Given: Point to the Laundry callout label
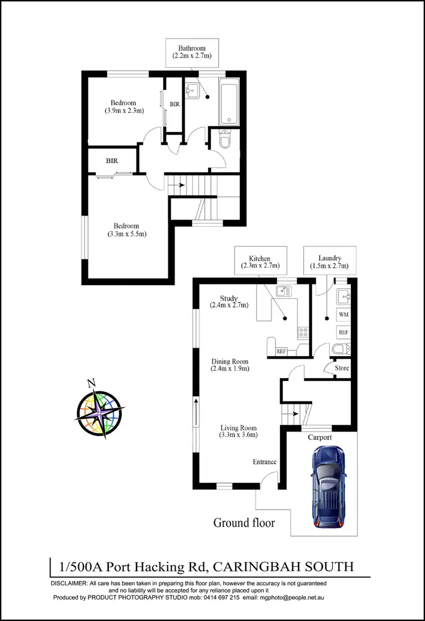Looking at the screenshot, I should click(329, 261).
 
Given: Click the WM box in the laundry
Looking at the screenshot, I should click(343, 314).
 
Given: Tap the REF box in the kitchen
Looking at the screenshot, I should click(281, 351).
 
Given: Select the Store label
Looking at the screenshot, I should click(342, 368).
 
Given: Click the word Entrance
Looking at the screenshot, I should click(265, 462).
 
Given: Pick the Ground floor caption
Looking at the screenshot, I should click(244, 522).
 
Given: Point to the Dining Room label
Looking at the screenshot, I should click(230, 365).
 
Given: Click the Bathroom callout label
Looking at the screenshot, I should click(192, 52).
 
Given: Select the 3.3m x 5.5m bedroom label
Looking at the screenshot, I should click(127, 230).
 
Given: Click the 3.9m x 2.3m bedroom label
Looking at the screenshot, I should click(124, 107).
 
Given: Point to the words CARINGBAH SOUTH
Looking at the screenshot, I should click(298, 566).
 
